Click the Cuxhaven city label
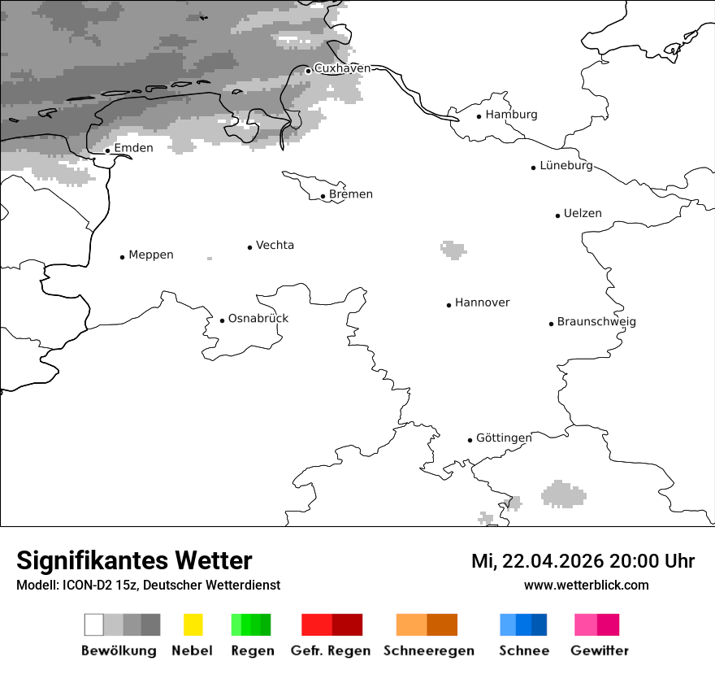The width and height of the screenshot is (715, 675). pyautogui.click(x=342, y=68)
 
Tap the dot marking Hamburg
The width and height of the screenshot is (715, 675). pyautogui.click(x=479, y=116)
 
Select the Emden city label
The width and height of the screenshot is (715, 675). pyautogui.click(x=133, y=148)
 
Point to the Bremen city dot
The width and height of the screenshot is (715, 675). pyautogui.click(x=323, y=196)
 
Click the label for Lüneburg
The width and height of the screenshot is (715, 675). pyautogui.click(x=566, y=166)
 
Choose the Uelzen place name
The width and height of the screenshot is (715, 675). pyautogui.click(x=583, y=214)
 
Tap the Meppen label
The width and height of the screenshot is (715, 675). pyautogui.click(x=151, y=255)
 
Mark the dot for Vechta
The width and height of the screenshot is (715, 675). pyautogui.click(x=250, y=247)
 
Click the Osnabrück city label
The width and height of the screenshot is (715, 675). pyautogui.click(x=258, y=319)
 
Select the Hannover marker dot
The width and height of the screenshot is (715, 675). pyautogui.click(x=448, y=305)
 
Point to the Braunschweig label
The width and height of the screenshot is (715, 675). pyautogui.click(x=596, y=322)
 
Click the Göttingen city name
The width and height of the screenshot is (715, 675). pyautogui.click(x=504, y=438)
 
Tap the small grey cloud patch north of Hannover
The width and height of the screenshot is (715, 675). pyautogui.click(x=453, y=249)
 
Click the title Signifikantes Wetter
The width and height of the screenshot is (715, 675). pyautogui.click(x=134, y=561)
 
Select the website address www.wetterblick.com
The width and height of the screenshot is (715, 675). pyautogui.click(x=586, y=586)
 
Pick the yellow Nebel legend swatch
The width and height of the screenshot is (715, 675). pyautogui.click(x=193, y=625)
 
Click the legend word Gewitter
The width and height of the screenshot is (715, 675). pyautogui.click(x=600, y=651)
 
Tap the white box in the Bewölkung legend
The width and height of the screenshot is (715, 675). pyautogui.click(x=94, y=625)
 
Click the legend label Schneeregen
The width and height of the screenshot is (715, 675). pyautogui.click(x=429, y=651)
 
